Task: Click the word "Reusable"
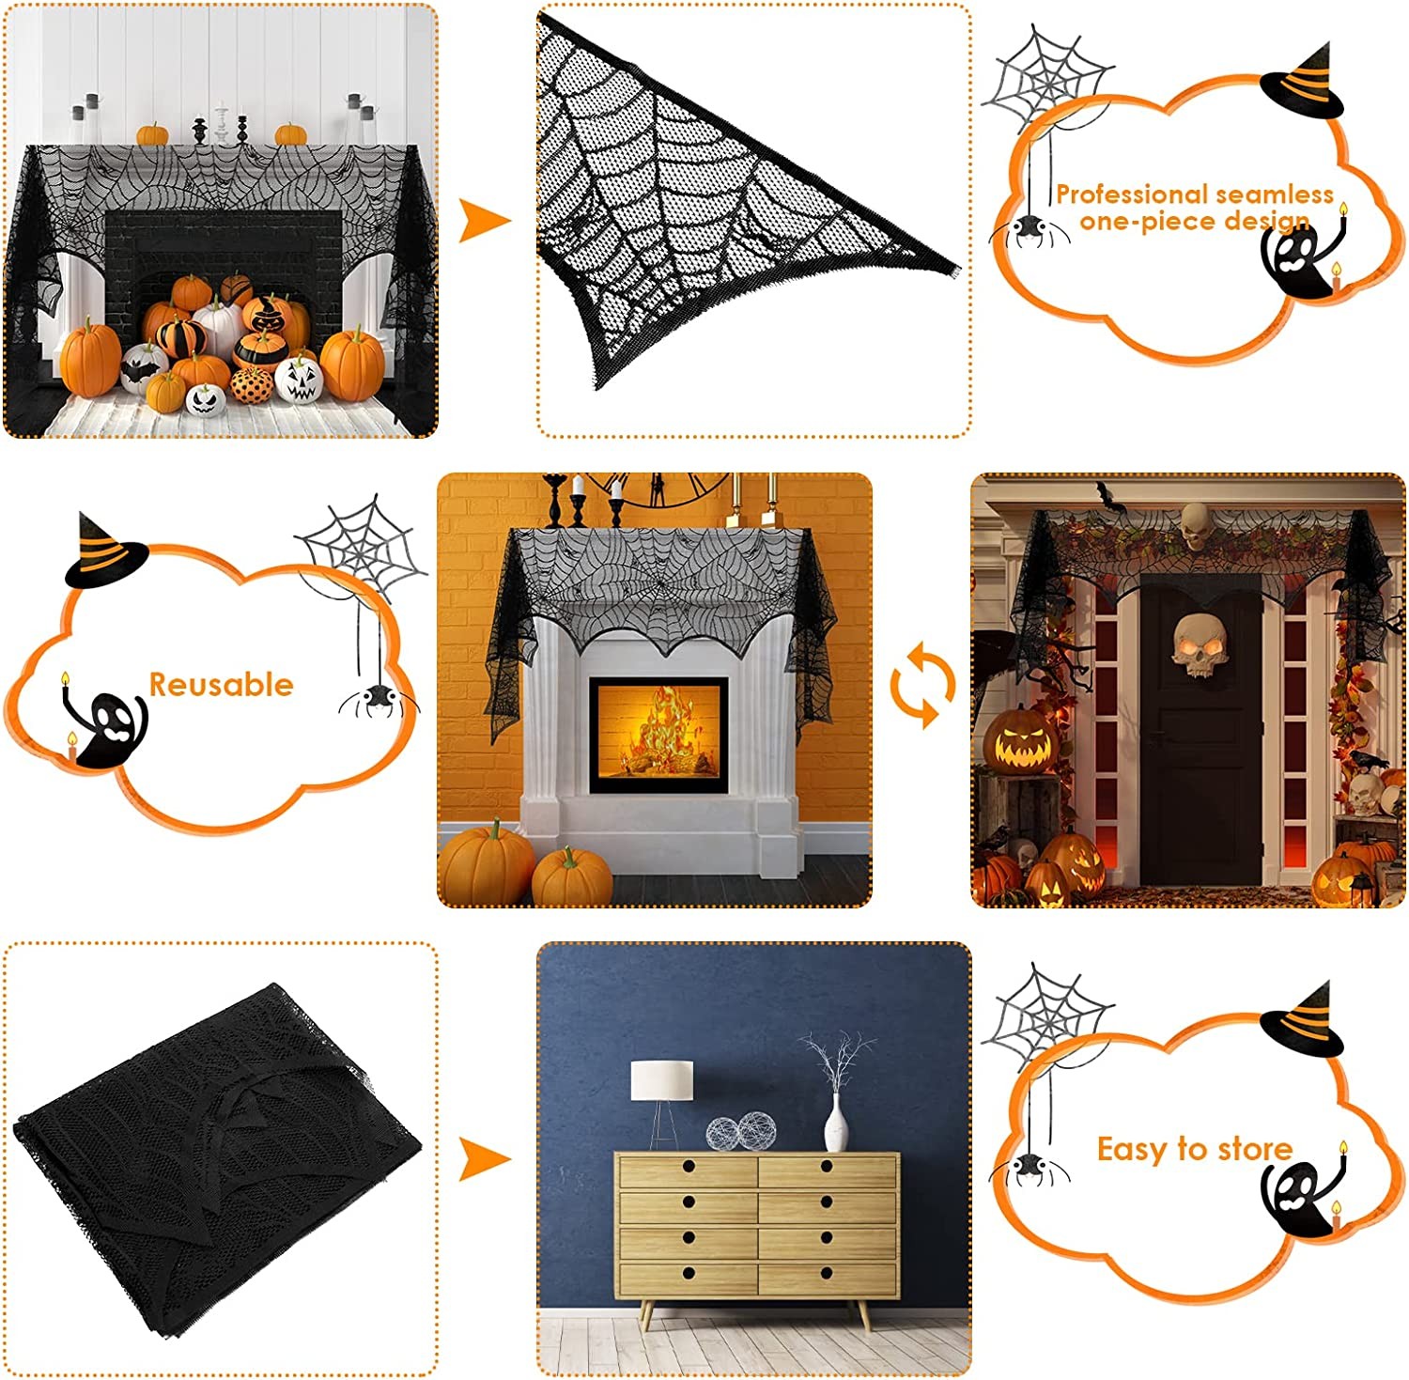pyautogui.click(x=222, y=685)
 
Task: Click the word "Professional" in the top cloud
pyautogui.click(x=1116, y=194)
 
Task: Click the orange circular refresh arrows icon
pyautogui.click(x=922, y=685)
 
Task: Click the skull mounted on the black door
pyautogui.click(x=1196, y=644)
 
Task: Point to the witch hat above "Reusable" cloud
pyautogui.click(x=104, y=552)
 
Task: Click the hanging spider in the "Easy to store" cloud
pyautogui.click(x=1029, y=1166)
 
